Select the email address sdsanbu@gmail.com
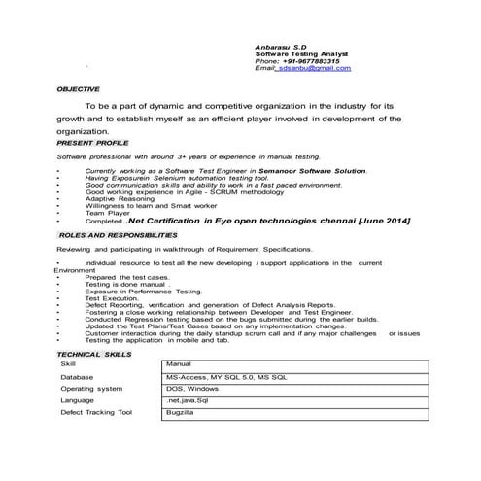(316, 68)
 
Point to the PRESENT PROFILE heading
(93, 142)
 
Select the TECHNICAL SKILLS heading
(95, 355)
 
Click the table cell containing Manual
(179, 363)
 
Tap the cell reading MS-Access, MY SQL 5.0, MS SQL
(225, 375)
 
